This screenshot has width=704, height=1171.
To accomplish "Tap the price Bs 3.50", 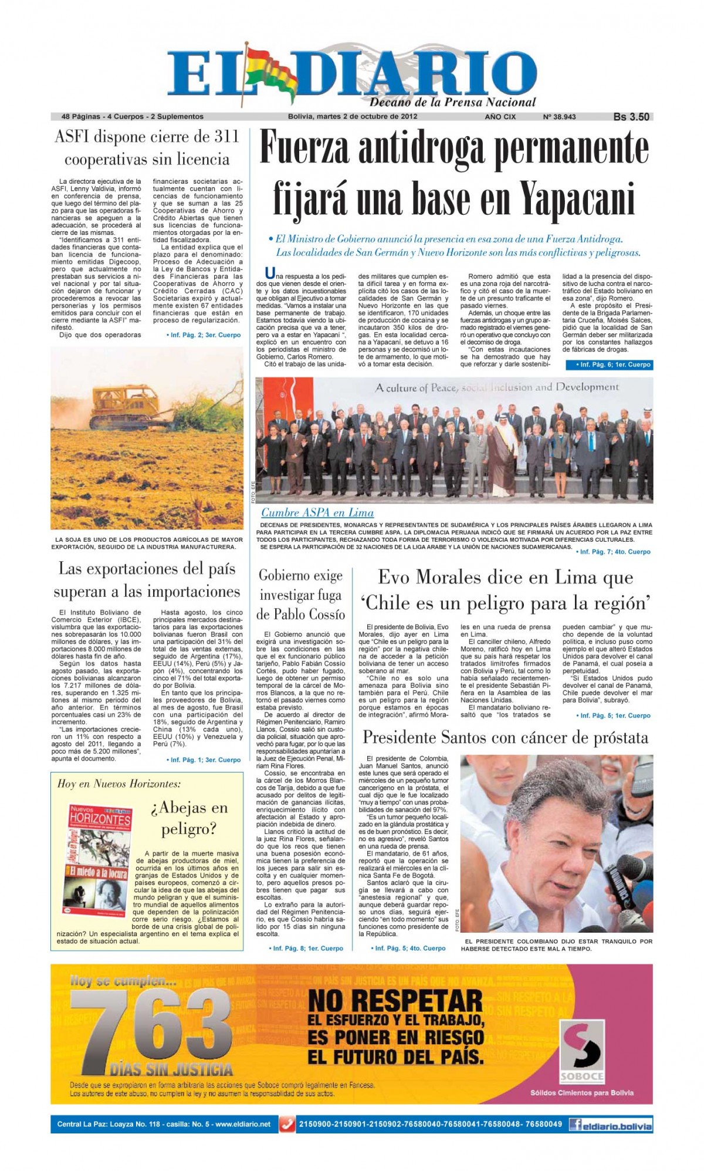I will pos(631,117).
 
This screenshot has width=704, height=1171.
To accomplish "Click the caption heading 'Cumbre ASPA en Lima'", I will pos(317,512).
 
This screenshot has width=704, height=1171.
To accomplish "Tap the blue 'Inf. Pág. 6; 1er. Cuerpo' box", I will pos(610,365).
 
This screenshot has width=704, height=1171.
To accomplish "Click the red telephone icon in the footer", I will pos(287,1125).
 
